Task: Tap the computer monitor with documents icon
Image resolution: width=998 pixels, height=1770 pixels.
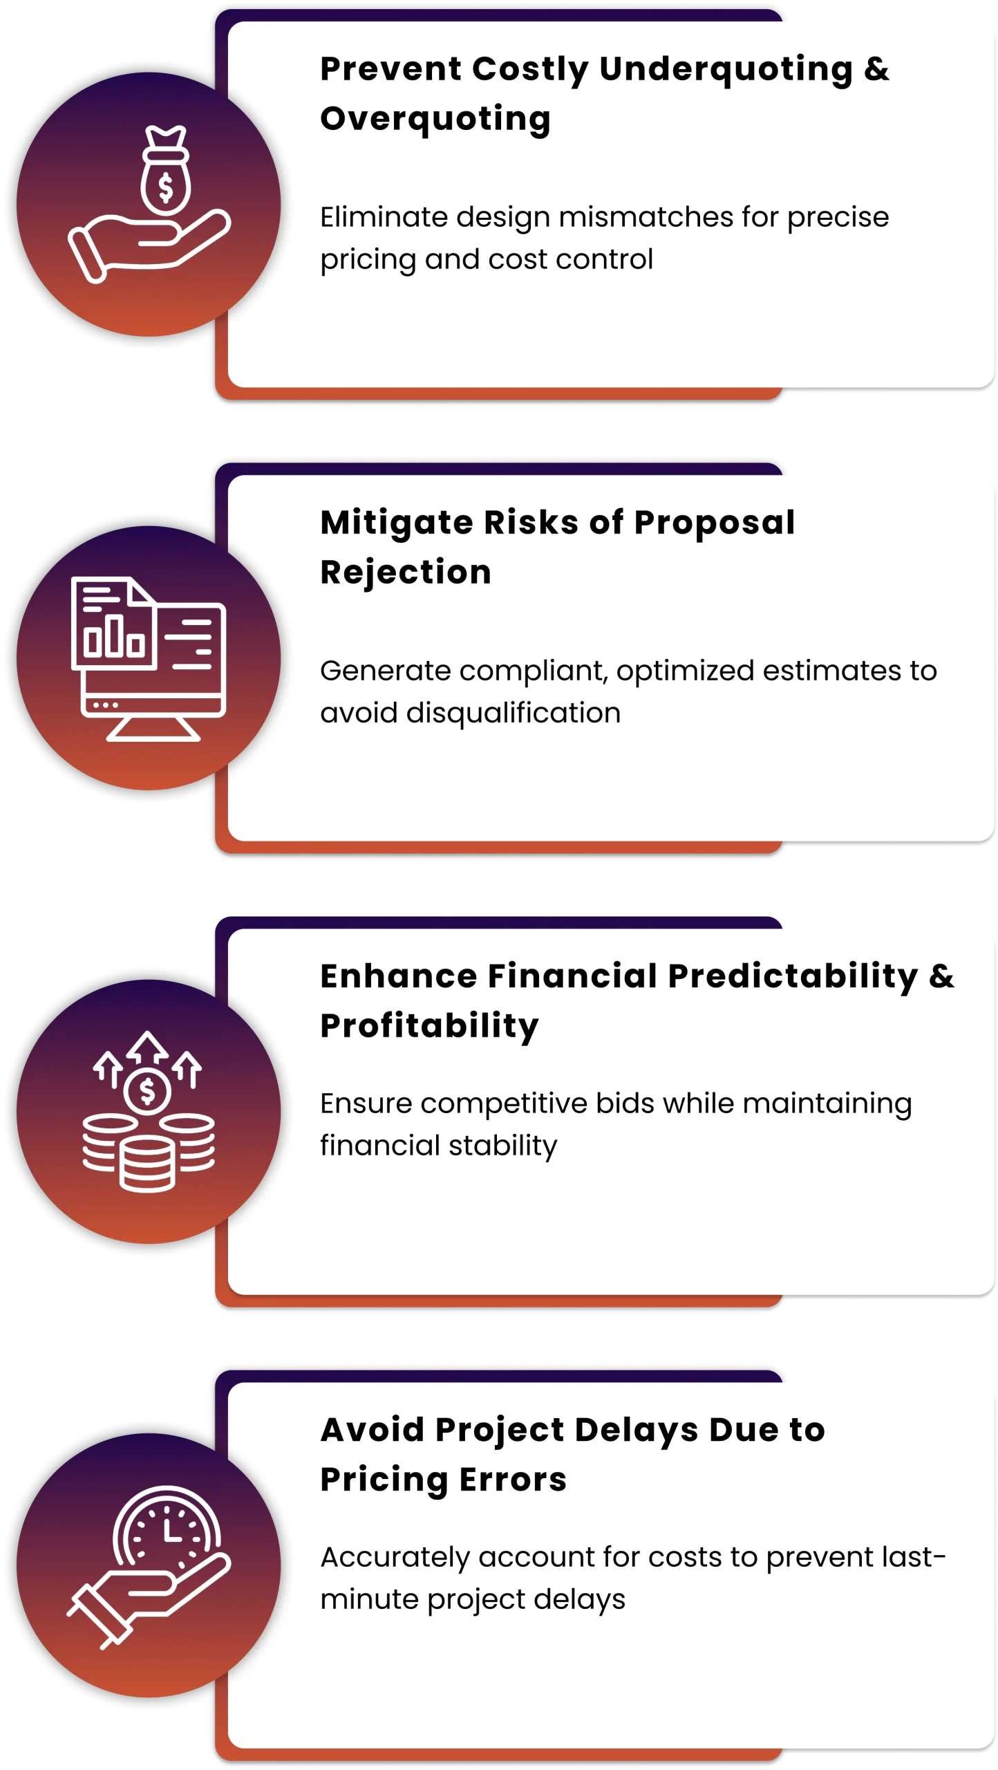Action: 149,658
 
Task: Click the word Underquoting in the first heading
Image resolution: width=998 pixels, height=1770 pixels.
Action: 726,70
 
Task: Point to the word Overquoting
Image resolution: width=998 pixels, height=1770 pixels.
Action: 435,119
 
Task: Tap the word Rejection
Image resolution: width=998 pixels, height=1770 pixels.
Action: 406,573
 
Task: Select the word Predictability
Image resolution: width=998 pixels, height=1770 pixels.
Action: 793,977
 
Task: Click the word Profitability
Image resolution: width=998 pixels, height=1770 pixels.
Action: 429,1027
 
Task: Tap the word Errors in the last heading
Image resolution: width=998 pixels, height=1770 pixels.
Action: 513,1480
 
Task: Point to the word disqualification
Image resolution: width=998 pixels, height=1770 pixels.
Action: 514,713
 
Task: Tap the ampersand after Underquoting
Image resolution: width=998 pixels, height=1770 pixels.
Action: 876,69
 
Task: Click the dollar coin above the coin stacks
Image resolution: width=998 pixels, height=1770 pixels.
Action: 147,1091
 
